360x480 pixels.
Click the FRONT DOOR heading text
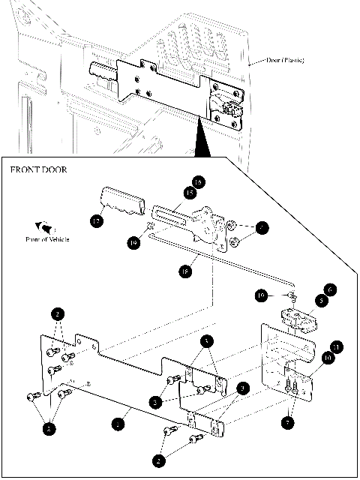tap(39, 169)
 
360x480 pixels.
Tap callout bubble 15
tap(189, 193)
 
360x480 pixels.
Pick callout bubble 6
tap(328, 288)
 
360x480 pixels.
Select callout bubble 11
tap(337, 346)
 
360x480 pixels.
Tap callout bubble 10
tap(328, 358)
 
